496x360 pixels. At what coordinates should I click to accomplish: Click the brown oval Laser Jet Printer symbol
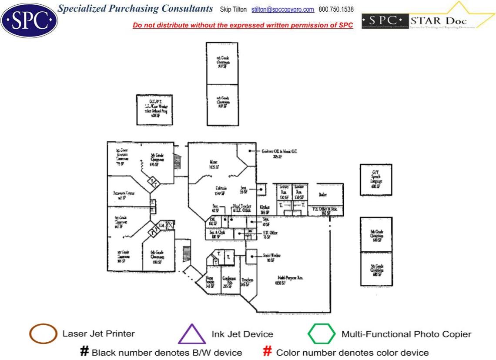(x=43, y=334)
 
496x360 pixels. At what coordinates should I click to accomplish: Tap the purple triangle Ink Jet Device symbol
(x=191, y=335)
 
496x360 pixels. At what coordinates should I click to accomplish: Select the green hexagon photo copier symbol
(x=322, y=334)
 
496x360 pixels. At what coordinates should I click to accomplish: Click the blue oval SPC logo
(x=29, y=20)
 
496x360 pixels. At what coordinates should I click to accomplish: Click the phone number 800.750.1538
(x=336, y=10)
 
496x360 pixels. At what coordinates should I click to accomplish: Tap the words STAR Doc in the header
(x=439, y=21)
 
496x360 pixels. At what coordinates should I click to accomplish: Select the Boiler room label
(x=323, y=195)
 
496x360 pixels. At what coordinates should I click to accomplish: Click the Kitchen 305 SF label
(x=265, y=210)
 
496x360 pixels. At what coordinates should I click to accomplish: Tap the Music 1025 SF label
(x=214, y=164)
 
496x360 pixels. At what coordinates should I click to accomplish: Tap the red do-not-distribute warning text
(x=243, y=25)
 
